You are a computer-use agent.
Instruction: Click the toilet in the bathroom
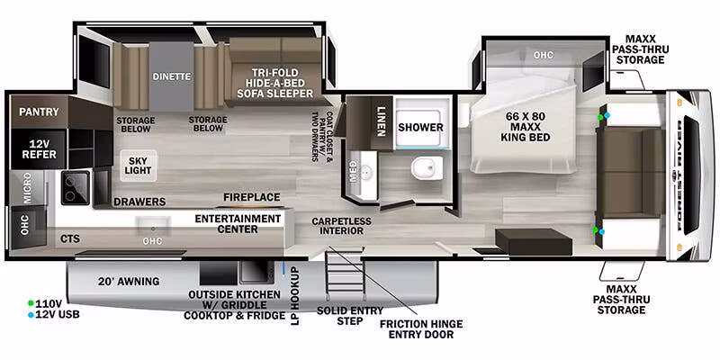point(427,167)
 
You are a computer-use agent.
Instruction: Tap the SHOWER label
point(420,127)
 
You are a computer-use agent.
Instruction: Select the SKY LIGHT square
point(139,166)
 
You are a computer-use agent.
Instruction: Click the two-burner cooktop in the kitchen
point(76,187)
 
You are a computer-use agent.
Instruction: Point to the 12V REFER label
point(39,148)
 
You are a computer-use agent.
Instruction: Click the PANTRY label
point(39,112)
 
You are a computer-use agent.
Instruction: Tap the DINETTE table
point(172,76)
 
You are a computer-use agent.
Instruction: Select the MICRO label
point(27,188)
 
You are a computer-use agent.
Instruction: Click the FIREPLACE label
point(252,197)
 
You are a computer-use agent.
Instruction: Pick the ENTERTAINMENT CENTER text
point(238,223)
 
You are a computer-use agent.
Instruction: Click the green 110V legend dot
point(31,303)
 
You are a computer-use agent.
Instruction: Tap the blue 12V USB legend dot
point(31,315)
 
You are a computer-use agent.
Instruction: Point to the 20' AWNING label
point(129,282)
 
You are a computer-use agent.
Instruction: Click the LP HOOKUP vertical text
point(294,296)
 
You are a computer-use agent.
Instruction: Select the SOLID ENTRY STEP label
point(349,316)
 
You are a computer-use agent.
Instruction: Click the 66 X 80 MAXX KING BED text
point(528,126)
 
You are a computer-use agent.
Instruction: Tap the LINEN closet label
point(381,121)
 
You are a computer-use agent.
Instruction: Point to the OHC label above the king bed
point(544,55)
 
